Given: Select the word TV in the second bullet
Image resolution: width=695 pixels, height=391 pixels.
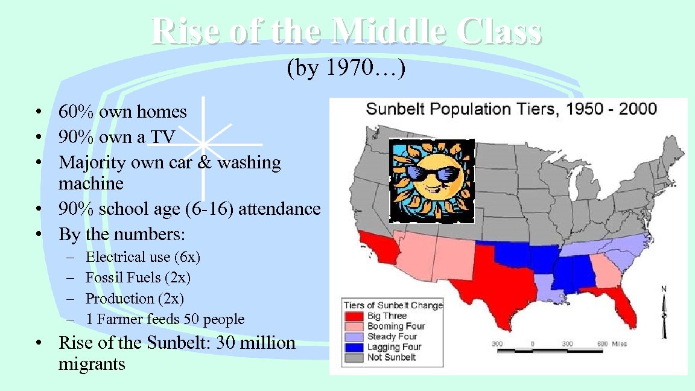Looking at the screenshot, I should point(162,138).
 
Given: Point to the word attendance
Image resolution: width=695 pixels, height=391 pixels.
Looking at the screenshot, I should point(279,209).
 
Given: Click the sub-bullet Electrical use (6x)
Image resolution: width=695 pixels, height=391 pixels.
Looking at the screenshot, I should point(143,257).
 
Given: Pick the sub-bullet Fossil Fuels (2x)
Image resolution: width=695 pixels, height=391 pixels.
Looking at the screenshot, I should point(138,278).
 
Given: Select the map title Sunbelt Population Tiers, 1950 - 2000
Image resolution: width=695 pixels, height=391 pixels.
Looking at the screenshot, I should point(511,109).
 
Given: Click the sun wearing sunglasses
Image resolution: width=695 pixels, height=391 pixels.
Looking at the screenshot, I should point(432,180).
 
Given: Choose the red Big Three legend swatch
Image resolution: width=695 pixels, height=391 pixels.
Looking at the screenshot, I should point(354,316).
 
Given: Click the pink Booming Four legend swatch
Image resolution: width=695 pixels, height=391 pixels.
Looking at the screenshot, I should point(354,326).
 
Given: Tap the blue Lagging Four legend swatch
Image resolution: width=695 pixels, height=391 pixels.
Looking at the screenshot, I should point(354,347).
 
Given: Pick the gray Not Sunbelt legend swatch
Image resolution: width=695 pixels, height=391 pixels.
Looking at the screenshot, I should point(354,357).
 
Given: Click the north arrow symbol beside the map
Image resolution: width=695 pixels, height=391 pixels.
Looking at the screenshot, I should point(664,317).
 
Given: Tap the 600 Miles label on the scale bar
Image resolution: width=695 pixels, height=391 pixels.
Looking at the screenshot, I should point(612,344).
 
